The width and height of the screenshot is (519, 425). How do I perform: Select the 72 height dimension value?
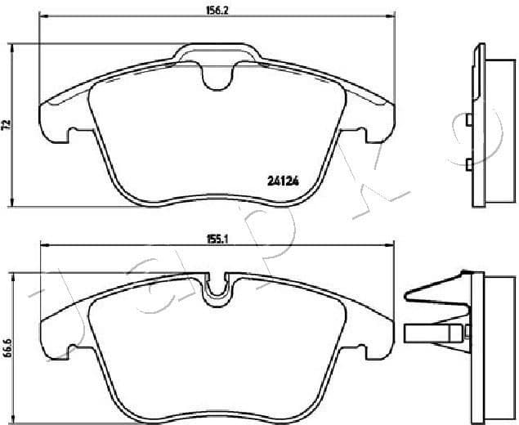6,124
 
